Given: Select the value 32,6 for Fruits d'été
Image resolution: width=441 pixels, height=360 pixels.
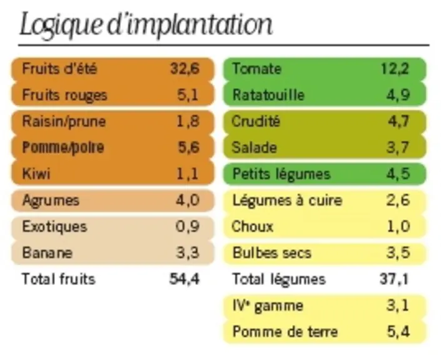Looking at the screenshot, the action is (x=185, y=69).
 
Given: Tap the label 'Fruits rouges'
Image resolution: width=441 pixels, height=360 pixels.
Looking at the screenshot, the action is (x=64, y=95).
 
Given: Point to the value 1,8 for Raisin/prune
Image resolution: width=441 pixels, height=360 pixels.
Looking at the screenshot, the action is (x=188, y=121).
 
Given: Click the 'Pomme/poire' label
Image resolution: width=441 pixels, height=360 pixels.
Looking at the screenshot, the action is (x=63, y=147).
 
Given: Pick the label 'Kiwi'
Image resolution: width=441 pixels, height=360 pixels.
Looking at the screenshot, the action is (x=36, y=174).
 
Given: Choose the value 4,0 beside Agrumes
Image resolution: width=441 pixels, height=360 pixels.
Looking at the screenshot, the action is (x=188, y=201).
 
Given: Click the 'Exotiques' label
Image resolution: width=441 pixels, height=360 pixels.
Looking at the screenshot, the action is (x=54, y=226).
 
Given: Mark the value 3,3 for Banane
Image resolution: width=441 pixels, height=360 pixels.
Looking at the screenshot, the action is (x=188, y=252).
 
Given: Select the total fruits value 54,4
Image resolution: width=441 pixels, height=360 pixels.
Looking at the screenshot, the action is (x=185, y=279).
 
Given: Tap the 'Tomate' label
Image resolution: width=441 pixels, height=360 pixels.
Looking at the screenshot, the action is (x=257, y=69).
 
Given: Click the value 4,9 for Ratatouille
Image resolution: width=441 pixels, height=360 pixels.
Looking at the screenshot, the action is (x=398, y=95).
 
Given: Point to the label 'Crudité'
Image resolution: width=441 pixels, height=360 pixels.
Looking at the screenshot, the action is (x=256, y=121).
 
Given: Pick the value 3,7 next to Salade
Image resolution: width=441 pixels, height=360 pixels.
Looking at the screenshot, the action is (x=398, y=147).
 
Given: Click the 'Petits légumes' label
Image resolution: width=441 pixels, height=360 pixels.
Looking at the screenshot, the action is (x=281, y=174).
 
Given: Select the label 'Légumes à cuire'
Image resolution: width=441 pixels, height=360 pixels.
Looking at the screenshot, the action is (x=287, y=201).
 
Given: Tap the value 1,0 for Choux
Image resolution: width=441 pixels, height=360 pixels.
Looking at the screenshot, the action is (x=398, y=226).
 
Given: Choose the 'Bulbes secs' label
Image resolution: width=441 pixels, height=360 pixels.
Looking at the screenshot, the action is (x=272, y=252).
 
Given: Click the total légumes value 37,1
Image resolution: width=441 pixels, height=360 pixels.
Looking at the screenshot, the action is (x=394, y=279).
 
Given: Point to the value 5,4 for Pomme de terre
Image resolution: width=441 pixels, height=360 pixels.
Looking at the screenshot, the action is (x=398, y=332).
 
